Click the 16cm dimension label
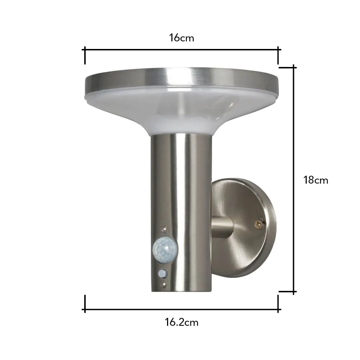point(181,38)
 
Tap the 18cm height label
point(316,180)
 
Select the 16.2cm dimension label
point(181,322)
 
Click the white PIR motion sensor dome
point(165,248)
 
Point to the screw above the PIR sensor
point(164,228)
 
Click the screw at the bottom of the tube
point(164,285)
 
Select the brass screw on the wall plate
point(258,224)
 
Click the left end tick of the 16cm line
point(85,55)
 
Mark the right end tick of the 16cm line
point(278,55)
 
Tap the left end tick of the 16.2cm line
point(85,303)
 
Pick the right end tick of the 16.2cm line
point(278,303)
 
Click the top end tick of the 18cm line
point(294,67)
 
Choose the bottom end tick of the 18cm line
point(294,292)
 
